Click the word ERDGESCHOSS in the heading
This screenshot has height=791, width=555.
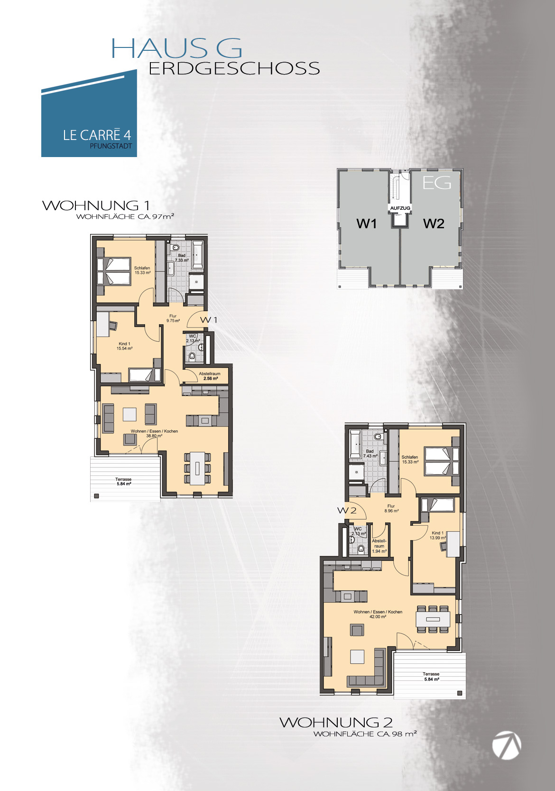pos(234,68)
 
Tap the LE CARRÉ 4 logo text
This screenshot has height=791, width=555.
pos(97,135)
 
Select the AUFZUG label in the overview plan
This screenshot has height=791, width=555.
pos(400,208)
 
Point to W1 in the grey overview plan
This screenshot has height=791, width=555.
pos(367,223)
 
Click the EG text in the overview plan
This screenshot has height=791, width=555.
pos(437,183)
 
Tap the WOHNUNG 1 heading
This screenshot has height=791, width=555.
pos(96,205)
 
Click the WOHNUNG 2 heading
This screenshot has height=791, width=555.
pos(336,723)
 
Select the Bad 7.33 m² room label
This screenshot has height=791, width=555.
pos(182,258)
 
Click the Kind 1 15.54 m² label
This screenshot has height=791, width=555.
pos(124,346)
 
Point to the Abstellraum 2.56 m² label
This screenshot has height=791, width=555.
pos(210,376)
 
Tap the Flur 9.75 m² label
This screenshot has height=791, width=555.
pos(173,318)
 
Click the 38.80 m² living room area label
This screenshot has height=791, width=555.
pos(154,436)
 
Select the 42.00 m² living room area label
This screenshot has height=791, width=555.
pos(378,616)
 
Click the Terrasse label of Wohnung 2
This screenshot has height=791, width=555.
pos(431,674)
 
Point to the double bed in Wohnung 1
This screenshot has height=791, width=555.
pos(114,271)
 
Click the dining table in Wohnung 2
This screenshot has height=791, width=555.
pos(433,619)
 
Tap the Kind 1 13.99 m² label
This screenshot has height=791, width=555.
pos(438,535)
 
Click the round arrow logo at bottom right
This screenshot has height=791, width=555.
pos(507,745)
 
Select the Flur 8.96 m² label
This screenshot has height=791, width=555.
pos(391,509)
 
